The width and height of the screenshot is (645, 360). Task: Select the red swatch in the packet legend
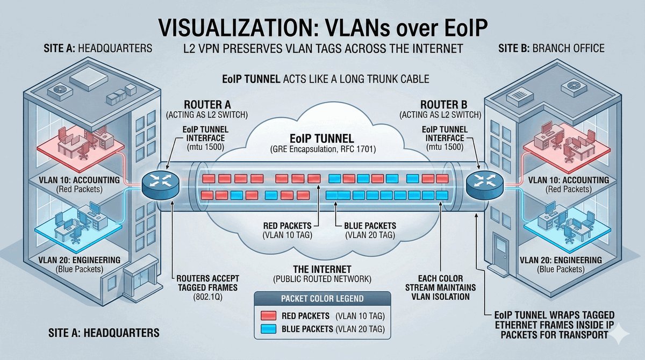(268, 315)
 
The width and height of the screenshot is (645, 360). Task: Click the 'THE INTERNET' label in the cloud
(322, 269)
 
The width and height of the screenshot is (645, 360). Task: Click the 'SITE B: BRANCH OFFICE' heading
(553, 49)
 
